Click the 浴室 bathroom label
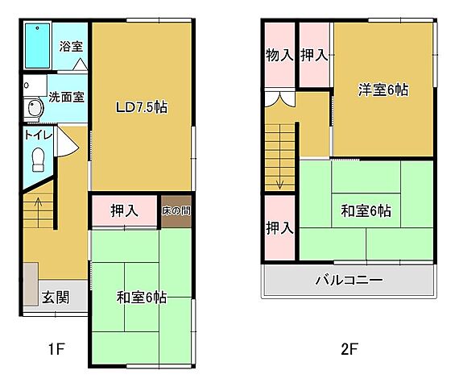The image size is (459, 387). pyautogui.click(x=72, y=46)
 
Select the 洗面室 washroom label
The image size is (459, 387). pyautogui.click(x=66, y=98)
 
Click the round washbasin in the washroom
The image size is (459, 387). pyautogui.click(x=35, y=108)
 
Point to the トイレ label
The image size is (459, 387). pyautogui.click(x=38, y=135)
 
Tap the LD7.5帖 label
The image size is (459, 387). pyautogui.click(x=141, y=106)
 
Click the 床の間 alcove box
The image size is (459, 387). pyautogui.click(x=176, y=210)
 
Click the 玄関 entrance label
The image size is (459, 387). pyautogui.click(x=55, y=297)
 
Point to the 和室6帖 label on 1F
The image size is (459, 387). pyautogui.click(x=141, y=298)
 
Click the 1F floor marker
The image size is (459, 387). pyautogui.click(x=55, y=349)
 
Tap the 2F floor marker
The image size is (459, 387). pyautogui.click(x=348, y=349)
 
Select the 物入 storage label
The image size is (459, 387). pyautogui.click(x=279, y=55)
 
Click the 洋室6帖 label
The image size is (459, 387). pyautogui.click(x=383, y=89)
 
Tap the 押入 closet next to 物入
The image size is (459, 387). pyautogui.click(x=314, y=55)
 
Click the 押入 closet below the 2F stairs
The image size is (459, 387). pyautogui.click(x=279, y=228)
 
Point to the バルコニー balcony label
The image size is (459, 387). pyautogui.click(x=348, y=281)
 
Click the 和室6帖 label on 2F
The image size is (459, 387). pyautogui.click(x=366, y=211)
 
